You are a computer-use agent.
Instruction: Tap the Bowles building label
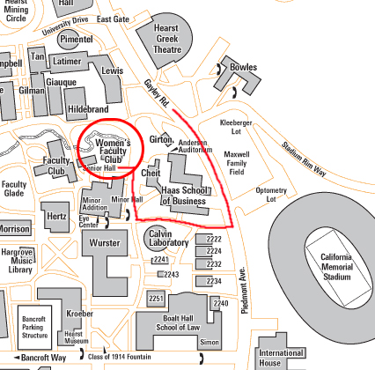pos(243,67)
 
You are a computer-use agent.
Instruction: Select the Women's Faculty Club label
pos(113,150)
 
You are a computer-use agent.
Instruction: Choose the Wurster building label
pos(105,242)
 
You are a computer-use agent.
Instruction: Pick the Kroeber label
pos(79,313)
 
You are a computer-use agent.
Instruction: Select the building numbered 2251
pos(157,300)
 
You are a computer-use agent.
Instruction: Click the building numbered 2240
pos(221,303)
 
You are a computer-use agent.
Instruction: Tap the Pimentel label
pos(77,41)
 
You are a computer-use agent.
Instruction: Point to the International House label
pos(281,358)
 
